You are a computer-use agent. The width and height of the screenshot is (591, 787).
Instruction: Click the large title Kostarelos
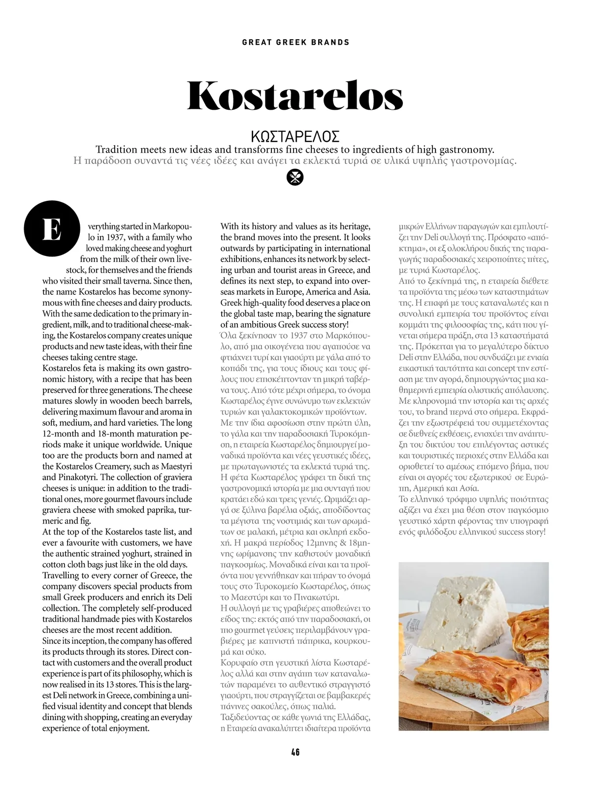295,95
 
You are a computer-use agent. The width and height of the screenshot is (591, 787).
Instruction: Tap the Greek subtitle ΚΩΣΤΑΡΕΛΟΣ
295,136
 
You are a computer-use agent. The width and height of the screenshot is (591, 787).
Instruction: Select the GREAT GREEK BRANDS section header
295,42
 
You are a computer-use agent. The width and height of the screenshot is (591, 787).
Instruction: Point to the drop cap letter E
52,229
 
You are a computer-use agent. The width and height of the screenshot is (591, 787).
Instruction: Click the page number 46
295,752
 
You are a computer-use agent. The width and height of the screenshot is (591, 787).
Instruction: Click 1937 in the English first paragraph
112,237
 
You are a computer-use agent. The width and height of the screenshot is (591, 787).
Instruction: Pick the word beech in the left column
146,401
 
